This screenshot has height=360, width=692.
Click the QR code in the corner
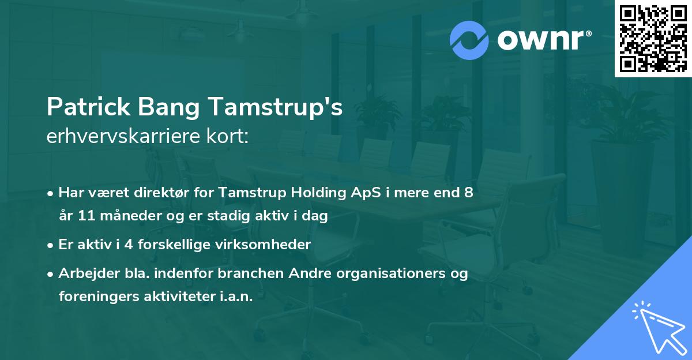coord(653,38)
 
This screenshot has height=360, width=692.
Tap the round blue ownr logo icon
coord(469,40)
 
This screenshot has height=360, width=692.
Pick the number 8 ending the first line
coord(468,193)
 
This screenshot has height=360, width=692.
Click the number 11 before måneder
coord(84,216)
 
